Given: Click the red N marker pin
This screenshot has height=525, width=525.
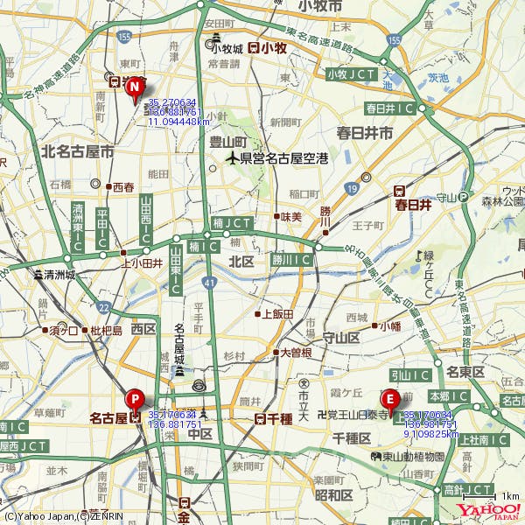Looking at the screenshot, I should [x=135, y=87].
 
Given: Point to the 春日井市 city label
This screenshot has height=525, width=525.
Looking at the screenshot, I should [x=364, y=133].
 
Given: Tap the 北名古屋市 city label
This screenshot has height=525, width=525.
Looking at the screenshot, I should [x=77, y=151].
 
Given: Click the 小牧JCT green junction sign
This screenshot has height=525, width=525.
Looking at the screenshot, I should [x=351, y=74].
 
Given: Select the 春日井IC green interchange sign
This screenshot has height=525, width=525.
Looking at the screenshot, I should [x=391, y=108].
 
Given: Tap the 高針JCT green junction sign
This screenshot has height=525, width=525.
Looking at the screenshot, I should [x=467, y=488].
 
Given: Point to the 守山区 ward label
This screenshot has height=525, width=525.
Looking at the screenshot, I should [x=341, y=337].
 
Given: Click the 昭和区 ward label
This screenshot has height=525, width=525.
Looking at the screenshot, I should [x=333, y=495].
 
